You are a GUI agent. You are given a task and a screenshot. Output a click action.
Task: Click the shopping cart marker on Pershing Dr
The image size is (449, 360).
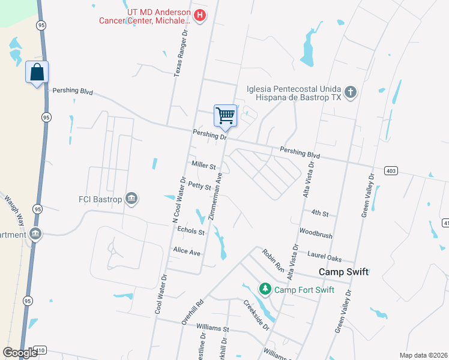pyautogui.click(x=225, y=115)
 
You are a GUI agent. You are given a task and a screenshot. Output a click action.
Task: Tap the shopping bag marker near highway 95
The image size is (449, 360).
pyautogui.click(x=37, y=72)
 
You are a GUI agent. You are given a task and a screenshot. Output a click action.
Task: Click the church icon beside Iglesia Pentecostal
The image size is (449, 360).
pyautogui.click(x=351, y=92)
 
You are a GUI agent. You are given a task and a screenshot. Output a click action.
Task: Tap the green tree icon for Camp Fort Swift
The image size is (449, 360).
pyautogui.click(x=265, y=289)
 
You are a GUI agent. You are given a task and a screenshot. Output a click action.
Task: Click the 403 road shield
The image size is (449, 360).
pyautogui.click(x=390, y=171)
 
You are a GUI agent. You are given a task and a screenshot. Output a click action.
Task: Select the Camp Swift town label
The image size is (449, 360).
pyautogui.click(x=343, y=272)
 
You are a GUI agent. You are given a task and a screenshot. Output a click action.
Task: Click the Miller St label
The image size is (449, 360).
pyautogui.click(x=203, y=165)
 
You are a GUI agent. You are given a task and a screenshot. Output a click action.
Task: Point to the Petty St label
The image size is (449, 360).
pyautogui.click(x=199, y=186)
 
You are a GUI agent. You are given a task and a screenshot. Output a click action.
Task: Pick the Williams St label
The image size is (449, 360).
pyautogui.click(x=213, y=329)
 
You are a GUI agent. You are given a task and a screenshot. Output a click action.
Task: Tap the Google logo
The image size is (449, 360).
pyautogui.click(x=20, y=352)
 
